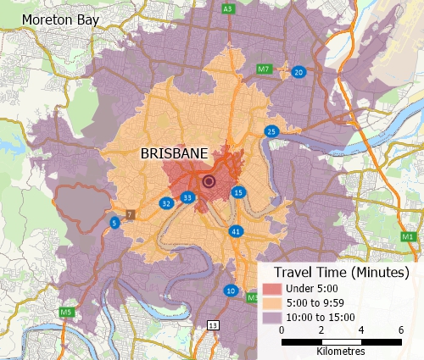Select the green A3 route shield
click(227, 8)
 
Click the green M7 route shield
click(264, 68)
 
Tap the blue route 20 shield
click(298, 73)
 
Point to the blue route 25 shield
click(271, 131)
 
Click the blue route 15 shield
click(239, 193)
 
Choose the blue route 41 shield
click(236, 230)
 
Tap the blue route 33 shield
click(187, 198)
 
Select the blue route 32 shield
click(166, 203)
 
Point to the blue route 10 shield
click(231, 291)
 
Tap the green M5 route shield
click(66, 313)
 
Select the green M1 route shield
click(409, 236)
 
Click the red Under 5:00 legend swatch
click(271, 289)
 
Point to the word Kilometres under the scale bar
click(341, 351)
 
